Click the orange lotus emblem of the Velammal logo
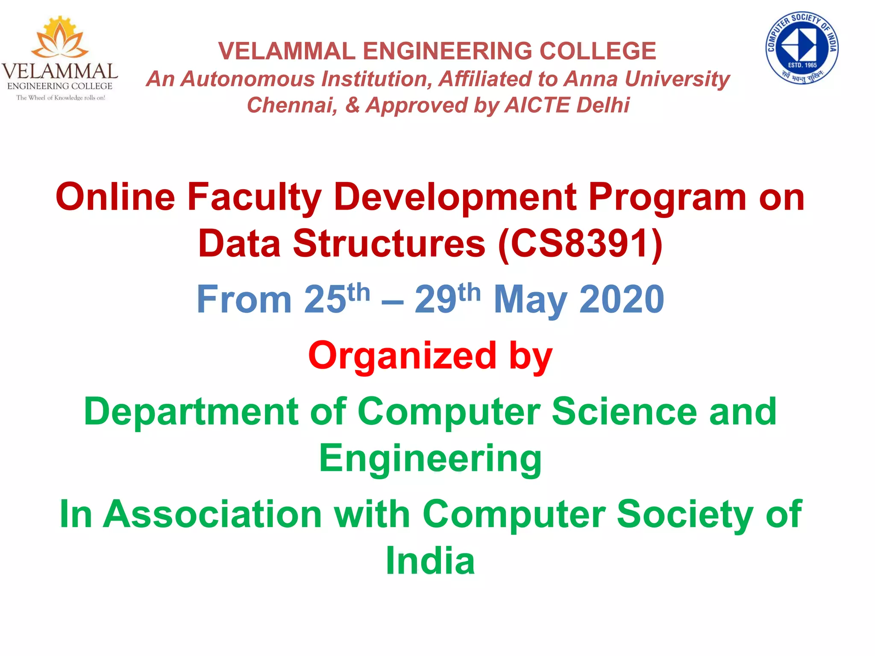tap(60, 38)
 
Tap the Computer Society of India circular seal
tap(802, 47)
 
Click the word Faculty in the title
tap(254, 197)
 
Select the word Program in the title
tap(667, 197)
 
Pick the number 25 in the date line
tap(325, 299)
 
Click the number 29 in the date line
tap(435, 299)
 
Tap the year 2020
tap(622, 299)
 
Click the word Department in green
tap(191, 412)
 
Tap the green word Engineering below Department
tap(430, 459)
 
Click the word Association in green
tap(212, 514)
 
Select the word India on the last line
tap(430, 561)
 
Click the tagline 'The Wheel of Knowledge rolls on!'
tap(61, 98)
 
